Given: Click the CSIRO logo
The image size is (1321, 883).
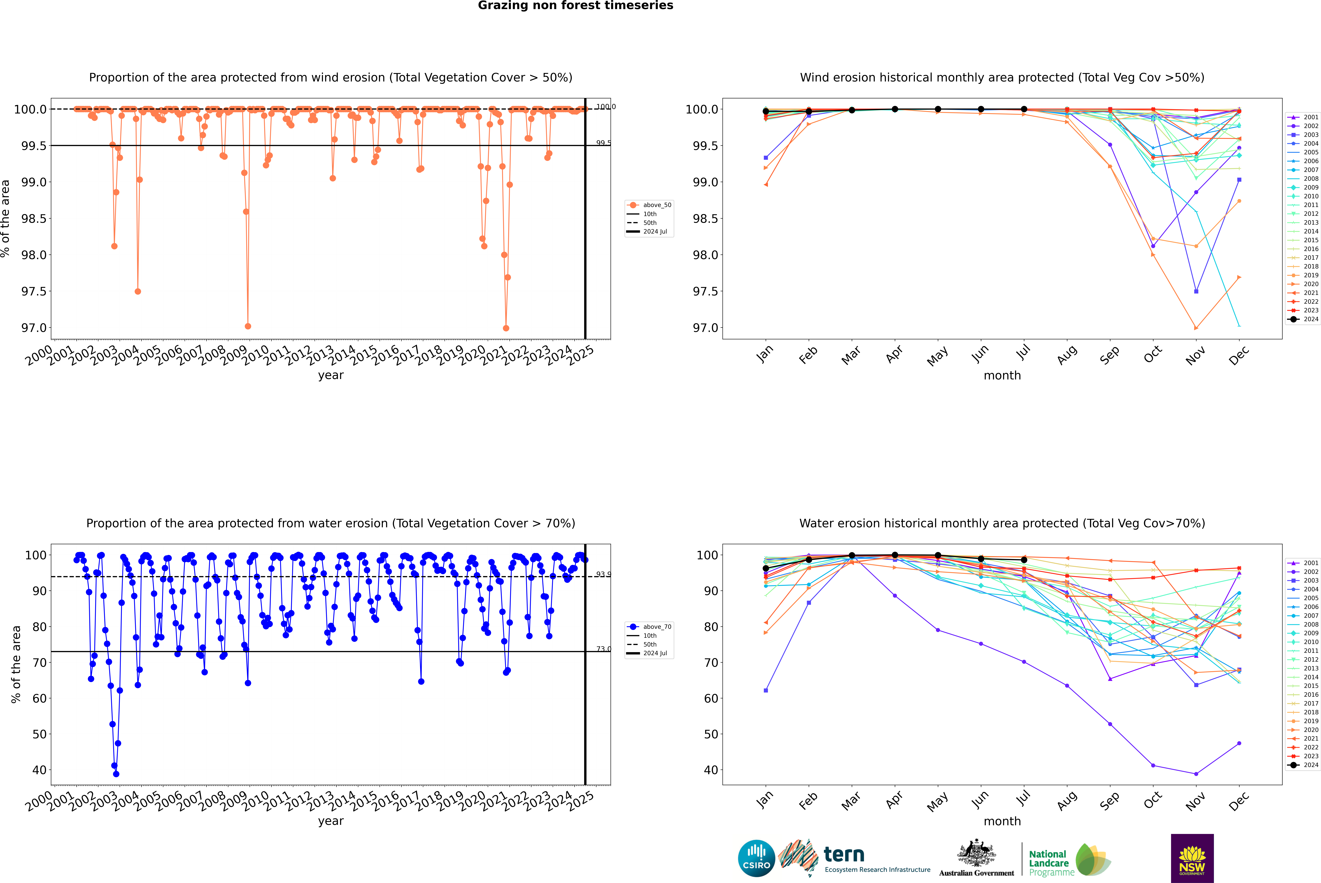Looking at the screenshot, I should (x=756, y=858).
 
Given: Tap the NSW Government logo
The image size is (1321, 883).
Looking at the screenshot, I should (x=1192, y=858).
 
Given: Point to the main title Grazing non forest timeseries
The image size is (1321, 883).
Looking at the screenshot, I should (x=575, y=6).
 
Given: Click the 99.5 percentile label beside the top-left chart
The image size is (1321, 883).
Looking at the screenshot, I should (x=603, y=143).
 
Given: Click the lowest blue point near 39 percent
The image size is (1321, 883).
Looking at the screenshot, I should (x=116, y=774).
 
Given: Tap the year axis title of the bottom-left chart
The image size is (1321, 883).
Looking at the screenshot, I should (x=330, y=821).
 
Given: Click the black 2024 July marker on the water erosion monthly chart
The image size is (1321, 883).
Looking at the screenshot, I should (x=1024, y=560).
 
